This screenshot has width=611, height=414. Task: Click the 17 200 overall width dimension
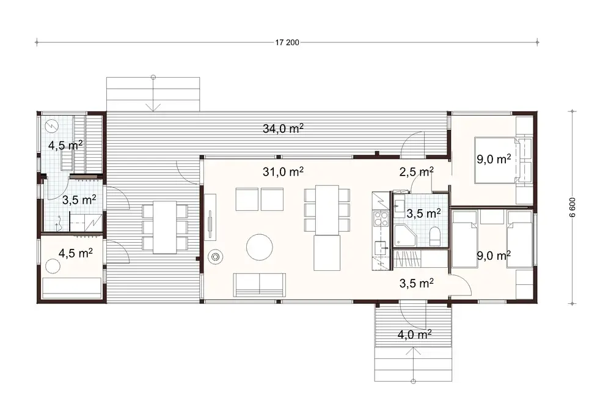click(x=287, y=42)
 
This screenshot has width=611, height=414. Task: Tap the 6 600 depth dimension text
click(x=573, y=207)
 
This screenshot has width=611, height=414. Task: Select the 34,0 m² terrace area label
click(x=284, y=128)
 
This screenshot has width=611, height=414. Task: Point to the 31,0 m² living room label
click(x=284, y=172)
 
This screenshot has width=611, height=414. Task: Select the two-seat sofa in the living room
click(x=260, y=284)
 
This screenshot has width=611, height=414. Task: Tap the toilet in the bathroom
click(x=434, y=235)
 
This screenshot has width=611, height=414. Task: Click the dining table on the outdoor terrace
click(x=164, y=227)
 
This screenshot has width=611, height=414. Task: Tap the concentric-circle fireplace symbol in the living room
click(x=214, y=257)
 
